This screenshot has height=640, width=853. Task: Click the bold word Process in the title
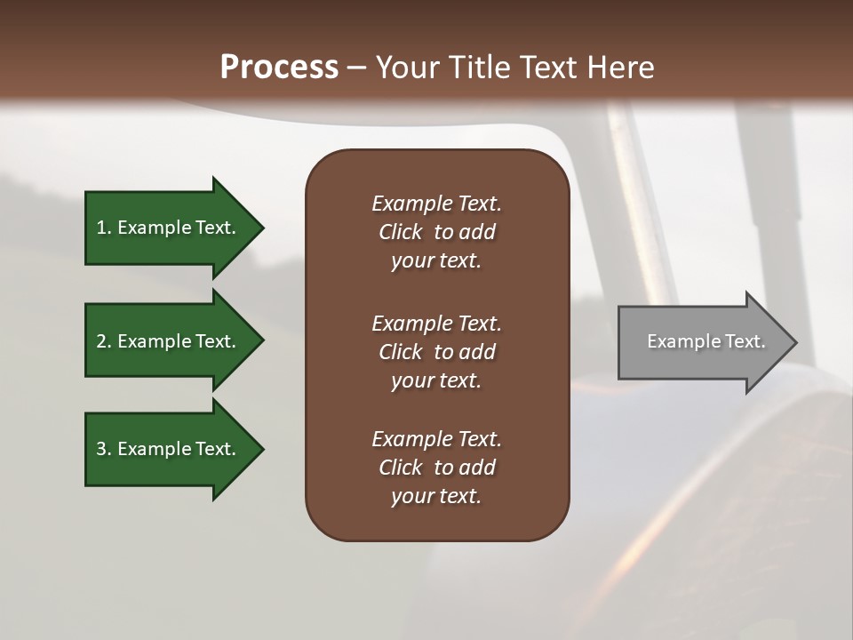point(279,68)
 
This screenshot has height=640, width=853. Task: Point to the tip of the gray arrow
point(795,342)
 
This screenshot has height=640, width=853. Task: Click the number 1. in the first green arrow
point(104,228)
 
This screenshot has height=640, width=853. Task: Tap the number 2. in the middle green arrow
point(104,341)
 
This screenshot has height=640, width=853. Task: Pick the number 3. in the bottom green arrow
point(104,449)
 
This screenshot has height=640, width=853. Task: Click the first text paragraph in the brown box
point(436,232)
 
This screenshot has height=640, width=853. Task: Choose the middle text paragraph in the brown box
point(436,352)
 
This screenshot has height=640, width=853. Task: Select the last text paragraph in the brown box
point(436,468)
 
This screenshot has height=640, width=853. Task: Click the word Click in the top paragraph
point(400,232)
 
